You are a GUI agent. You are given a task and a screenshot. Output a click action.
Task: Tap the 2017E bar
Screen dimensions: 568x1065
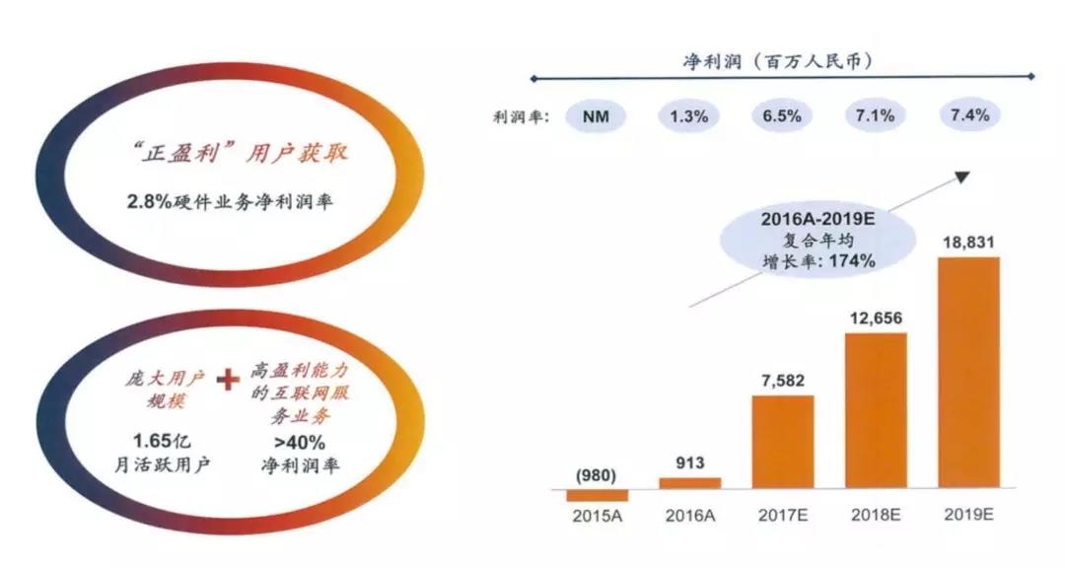click(783, 442)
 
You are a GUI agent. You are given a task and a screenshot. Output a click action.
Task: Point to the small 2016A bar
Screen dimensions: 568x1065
click(689, 483)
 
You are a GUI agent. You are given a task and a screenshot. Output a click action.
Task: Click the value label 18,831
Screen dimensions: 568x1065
click(968, 242)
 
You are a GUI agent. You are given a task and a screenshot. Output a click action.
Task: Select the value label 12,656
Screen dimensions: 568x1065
click(876, 318)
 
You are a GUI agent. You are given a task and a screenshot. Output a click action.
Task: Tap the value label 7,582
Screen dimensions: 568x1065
click(783, 381)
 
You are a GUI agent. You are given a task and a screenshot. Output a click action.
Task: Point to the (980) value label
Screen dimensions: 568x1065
click(597, 474)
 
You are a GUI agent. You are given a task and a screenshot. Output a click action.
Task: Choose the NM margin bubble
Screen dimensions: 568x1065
click(597, 116)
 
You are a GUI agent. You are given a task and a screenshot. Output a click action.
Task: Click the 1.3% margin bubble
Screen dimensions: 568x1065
click(689, 116)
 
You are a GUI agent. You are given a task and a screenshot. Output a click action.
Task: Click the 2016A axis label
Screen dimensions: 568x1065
click(689, 518)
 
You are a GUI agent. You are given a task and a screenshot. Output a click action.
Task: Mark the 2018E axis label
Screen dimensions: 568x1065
click(876, 518)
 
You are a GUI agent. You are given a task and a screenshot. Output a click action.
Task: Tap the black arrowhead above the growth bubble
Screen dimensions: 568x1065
click(963, 177)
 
